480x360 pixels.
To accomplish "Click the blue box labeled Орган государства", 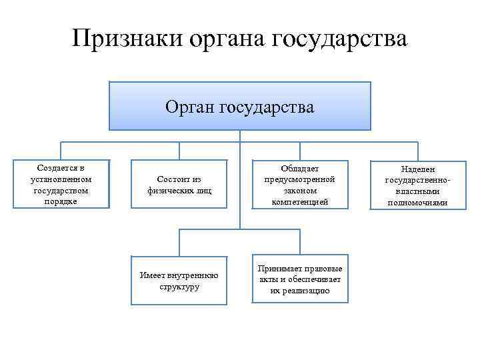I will point(239,105).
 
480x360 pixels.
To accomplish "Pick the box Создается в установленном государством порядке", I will point(61,183).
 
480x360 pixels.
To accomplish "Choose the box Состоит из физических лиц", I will point(178,184).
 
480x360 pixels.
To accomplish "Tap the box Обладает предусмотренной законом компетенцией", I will point(299,184).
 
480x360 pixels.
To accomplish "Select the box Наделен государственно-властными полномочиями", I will point(417,186).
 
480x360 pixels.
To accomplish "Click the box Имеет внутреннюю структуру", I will point(179,281).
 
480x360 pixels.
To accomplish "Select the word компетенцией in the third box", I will point(300,201).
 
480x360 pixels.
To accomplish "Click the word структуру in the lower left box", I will point(179,287).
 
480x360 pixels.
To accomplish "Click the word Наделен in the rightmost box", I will point(417,169).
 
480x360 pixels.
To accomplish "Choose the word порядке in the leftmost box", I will point(61,201).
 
